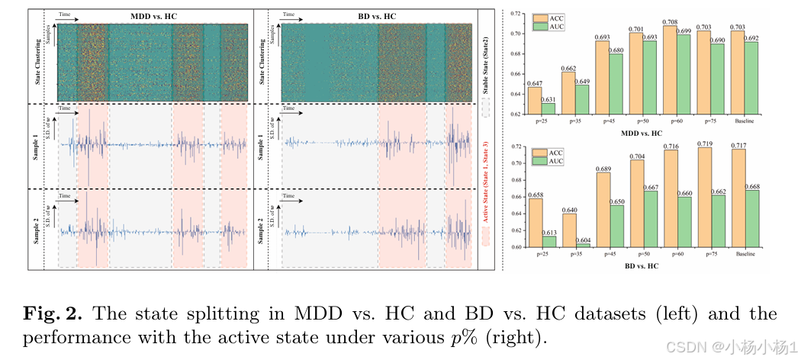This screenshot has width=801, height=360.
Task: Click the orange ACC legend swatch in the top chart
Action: point(541,17)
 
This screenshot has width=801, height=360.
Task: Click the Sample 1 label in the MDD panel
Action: point(36,146)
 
